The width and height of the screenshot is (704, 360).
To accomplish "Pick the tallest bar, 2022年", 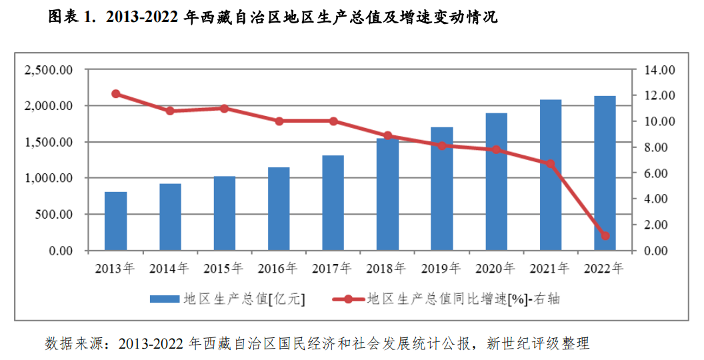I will [x=605, y=173].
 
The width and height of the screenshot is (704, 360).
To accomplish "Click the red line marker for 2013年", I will [x=116, y=94].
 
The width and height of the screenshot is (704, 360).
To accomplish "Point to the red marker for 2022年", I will [x=605, y=235].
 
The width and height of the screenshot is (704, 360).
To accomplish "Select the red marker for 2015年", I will [x=224, y=108].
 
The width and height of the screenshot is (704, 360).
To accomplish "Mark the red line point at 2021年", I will [x=550, y=163].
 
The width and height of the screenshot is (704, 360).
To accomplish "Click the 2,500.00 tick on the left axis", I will [x=48, y=70].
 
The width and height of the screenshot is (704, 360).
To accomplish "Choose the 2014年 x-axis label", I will [x=169, y=269].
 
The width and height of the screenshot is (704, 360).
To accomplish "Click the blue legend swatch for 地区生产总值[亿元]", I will [x=164, y=299].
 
